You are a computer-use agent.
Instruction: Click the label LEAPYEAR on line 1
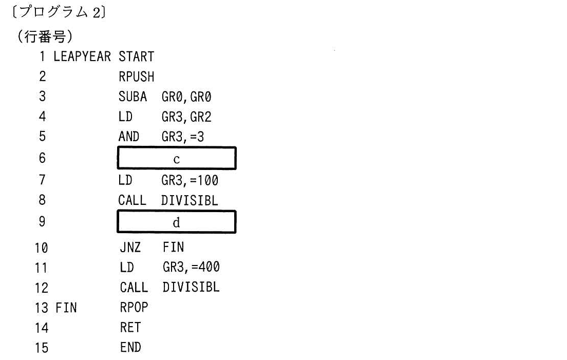[82, 56]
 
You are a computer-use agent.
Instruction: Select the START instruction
[136, 56]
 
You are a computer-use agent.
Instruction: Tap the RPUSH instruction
[136, 77]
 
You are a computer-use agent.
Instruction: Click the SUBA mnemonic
[133, 97]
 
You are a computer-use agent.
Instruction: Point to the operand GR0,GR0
[186, 97]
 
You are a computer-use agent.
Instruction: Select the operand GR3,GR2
[186, 117]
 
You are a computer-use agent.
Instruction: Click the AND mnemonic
[129, 136]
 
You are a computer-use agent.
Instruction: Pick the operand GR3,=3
[183, 137]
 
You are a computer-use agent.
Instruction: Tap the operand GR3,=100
[190, 180]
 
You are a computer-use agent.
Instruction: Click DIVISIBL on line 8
[190, 200]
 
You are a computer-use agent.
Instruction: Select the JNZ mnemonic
[130, 247]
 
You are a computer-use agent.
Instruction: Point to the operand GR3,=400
[191, 267]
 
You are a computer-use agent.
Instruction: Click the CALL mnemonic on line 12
[134, 288]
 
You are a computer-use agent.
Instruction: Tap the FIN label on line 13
[66, 308]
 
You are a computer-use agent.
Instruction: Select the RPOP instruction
[134, 307]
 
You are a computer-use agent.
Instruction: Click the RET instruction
[130, 328]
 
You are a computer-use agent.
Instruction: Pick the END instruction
[130, 347]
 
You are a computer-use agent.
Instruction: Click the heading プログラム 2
[59, 12]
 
